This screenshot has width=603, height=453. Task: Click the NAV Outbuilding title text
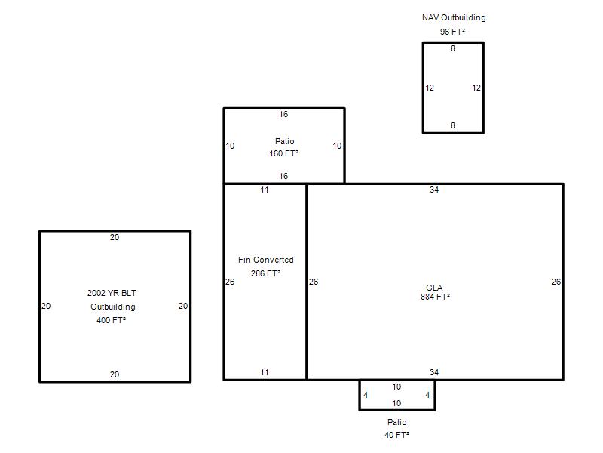(454, 17)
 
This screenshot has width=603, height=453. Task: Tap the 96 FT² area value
(453, 32)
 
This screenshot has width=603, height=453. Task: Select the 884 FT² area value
(435, 297)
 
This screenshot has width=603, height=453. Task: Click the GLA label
(434, 288)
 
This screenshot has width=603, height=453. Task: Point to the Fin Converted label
(266, 260)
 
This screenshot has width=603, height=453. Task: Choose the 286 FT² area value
(265, 273)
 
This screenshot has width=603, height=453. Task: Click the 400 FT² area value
(111, 320)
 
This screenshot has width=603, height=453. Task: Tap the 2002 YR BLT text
(112, 293)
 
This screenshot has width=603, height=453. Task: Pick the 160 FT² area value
(284, 153)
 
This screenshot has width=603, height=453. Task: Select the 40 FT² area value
(397, 435)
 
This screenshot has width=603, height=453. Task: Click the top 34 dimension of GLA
(434, 190)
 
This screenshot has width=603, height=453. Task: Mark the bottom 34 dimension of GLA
(434, 372)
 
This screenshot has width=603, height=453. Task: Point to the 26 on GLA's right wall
(556, 282)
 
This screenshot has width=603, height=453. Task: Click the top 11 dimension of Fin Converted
(265, 190)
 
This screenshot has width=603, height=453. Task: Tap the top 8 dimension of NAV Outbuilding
(453, 48)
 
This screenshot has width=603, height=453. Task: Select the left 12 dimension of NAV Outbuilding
(430, 88)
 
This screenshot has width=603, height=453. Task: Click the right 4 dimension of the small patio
(427, 395)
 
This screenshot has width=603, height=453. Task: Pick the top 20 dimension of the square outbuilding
(115, 237)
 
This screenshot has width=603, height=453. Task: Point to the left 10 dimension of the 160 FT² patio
(230, 146)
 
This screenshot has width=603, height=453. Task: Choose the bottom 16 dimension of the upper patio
(283, 176)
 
